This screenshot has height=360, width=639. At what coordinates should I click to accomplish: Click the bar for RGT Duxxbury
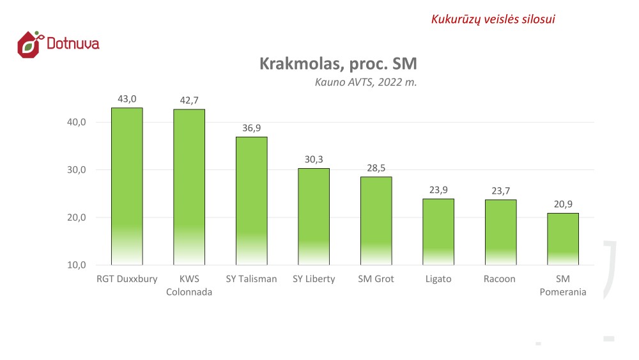point(127,185)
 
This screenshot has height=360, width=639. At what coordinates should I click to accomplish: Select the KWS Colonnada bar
point(189,187)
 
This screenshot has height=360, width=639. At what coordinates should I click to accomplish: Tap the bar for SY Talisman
point(251,200)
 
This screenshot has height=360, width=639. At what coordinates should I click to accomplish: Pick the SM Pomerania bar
point(563,239)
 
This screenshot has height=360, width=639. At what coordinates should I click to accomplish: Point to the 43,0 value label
point(127,99)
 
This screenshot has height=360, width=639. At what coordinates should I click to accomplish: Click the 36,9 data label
point(251,128)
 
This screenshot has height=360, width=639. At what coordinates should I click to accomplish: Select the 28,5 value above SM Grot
point(376,168)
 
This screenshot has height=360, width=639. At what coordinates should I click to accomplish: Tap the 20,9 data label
point(563,204)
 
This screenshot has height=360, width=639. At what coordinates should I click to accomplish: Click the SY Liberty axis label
point(314,279)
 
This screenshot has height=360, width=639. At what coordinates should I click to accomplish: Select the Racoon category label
point(500,279)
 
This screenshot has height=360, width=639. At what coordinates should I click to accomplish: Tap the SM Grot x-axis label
point(376,279)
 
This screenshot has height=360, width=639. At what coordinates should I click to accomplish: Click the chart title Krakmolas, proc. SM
point(338,64)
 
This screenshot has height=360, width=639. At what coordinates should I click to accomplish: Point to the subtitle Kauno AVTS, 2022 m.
point(366,82)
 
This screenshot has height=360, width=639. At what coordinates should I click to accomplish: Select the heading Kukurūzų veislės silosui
point(493,19)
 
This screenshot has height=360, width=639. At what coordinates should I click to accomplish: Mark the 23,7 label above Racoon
point(500,191)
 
